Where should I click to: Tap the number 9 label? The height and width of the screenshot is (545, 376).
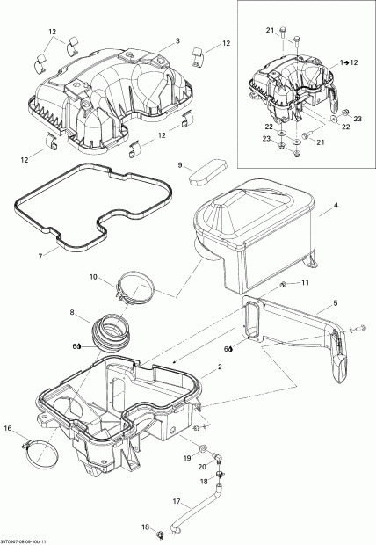tap(180, 164)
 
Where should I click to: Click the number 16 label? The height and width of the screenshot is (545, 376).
tap(9, 429)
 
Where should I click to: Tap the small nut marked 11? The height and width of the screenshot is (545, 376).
tap(283, 285)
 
